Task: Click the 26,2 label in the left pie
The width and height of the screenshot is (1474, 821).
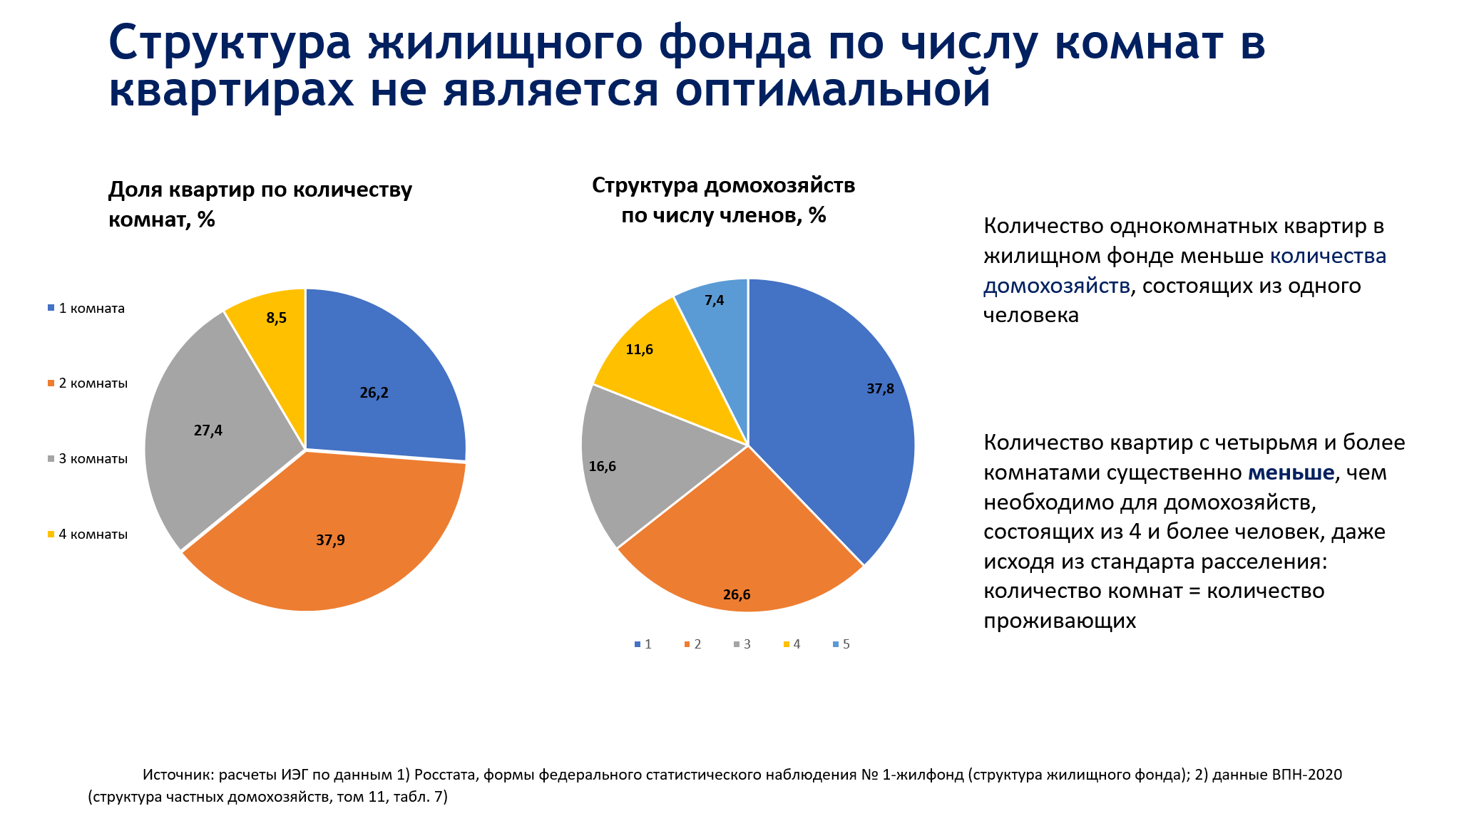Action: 374,393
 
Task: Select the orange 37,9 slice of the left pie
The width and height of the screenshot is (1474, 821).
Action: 330,540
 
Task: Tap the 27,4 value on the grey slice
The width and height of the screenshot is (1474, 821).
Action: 208,430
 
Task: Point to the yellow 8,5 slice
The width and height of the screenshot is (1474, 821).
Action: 276,318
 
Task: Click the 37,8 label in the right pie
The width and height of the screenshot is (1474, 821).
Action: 880,389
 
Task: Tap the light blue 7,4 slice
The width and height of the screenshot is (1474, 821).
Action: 714,301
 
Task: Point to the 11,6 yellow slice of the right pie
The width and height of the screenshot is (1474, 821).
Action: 639,350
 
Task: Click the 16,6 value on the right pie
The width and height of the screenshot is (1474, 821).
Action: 603,467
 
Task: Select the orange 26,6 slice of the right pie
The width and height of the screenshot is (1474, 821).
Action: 737,594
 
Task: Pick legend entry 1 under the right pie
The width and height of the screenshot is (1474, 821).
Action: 643,644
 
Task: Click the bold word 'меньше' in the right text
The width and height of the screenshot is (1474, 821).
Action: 1291,473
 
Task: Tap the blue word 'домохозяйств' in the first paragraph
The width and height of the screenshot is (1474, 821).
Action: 1057,286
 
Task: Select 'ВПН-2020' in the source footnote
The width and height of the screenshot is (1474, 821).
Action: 1307,775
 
